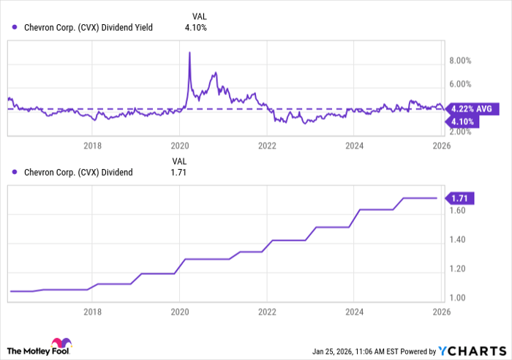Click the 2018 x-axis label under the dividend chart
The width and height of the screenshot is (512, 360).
92,312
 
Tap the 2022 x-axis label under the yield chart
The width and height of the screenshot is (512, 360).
267,146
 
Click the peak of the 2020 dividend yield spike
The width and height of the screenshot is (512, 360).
189,53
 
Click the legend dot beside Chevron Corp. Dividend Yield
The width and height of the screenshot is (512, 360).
15,28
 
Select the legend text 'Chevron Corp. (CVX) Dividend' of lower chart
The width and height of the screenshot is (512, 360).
77,173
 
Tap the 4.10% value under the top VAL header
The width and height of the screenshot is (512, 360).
195,28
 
